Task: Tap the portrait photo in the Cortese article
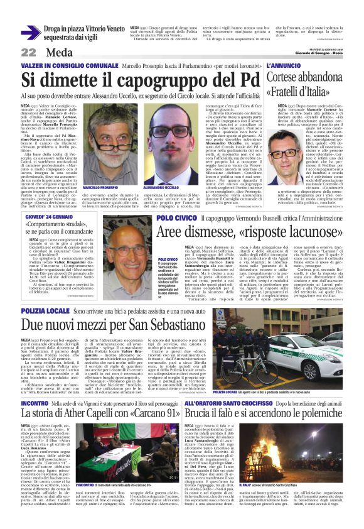click(x=279, y=150)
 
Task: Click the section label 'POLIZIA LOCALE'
click(x=45, y=311)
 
